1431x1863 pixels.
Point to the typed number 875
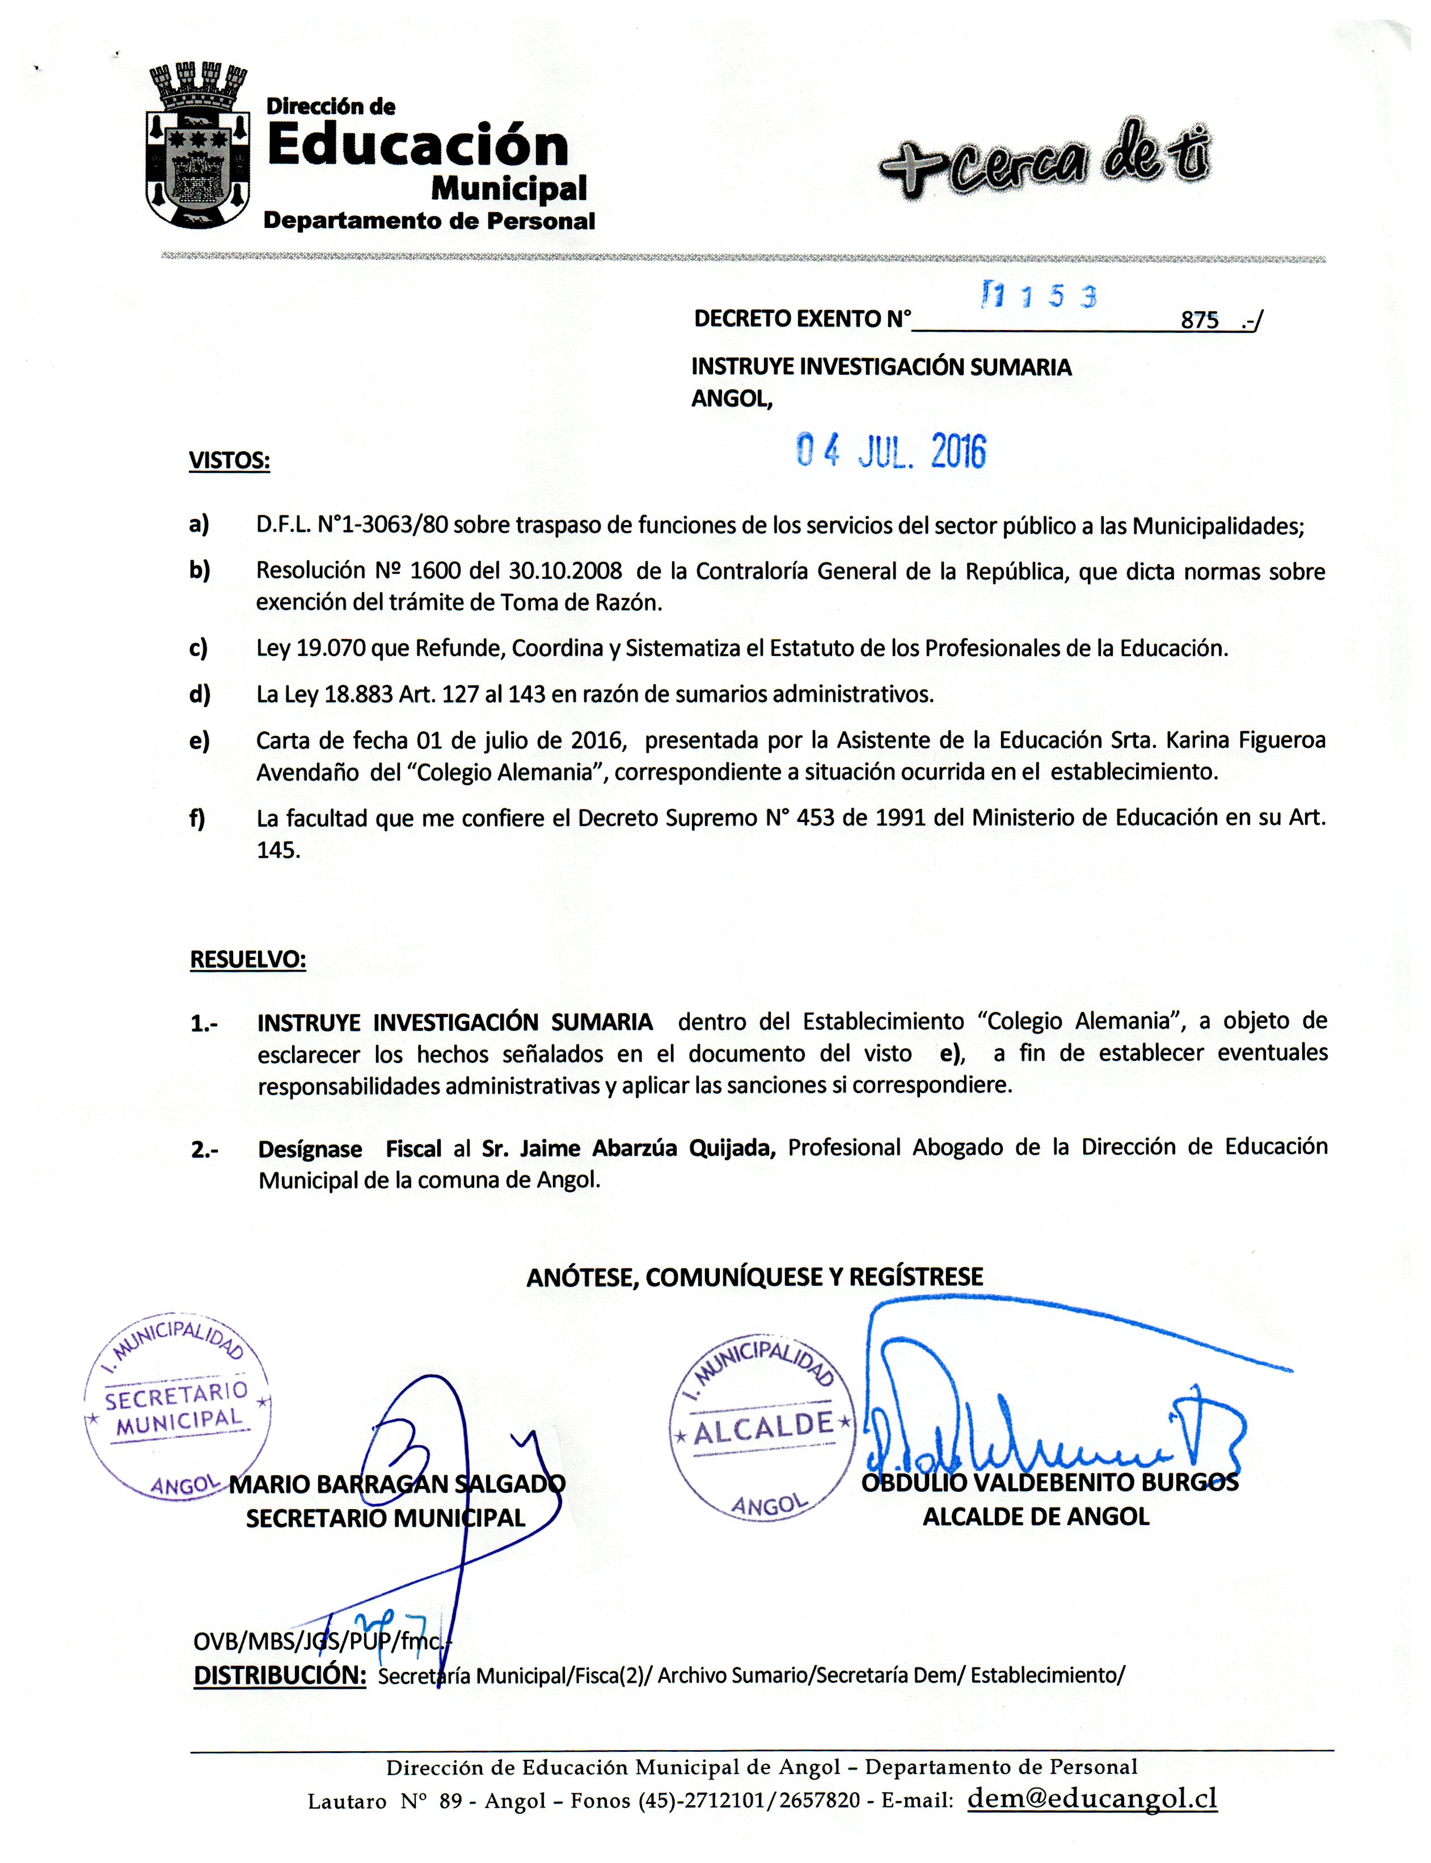1200,320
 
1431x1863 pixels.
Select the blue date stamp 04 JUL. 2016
891,452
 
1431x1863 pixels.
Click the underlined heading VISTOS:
229,461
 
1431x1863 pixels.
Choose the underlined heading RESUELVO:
248,960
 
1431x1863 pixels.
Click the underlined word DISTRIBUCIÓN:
280,1675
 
